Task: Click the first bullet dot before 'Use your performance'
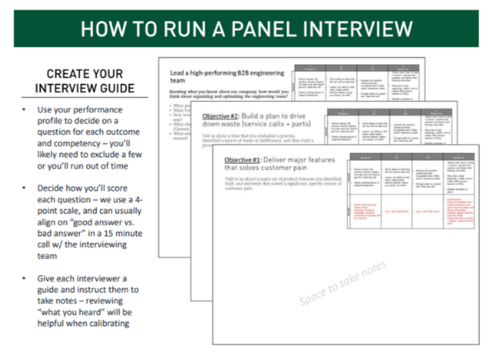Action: pyautogui.click(x=26, y=110)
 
